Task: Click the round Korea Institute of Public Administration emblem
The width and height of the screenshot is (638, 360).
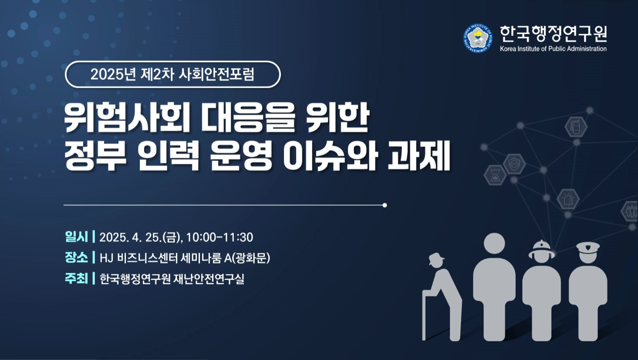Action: coord(478,38)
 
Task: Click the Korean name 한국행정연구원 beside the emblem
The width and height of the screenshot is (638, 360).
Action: coord(554,34)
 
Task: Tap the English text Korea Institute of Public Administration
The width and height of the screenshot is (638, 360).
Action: coord(553,49)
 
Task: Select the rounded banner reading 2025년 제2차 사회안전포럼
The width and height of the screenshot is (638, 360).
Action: coord(173,75)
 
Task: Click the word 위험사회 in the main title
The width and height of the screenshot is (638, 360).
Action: coord(127,118)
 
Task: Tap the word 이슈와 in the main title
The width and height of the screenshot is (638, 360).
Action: coord(330,156)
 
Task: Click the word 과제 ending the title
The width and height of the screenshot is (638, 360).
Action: coord(419,156)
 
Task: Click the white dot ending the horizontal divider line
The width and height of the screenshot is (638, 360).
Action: coord(385,205)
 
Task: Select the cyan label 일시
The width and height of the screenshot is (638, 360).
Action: coord(76,237)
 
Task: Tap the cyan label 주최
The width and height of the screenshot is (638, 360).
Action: coord(76,278)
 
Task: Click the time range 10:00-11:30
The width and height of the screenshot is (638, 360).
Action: coord(219,238)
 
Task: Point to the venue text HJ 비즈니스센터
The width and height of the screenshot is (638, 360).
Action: coord(139,258)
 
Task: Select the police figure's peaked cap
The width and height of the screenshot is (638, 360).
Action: coord(588,248)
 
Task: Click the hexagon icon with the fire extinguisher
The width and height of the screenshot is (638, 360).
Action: coord(576,126)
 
